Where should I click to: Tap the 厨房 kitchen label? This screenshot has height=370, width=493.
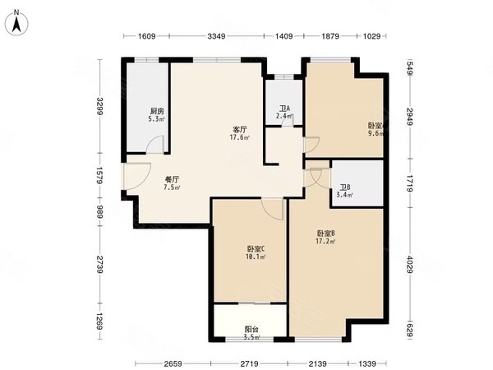[x=155, y=111]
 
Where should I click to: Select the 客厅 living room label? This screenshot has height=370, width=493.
[x=240, y=129]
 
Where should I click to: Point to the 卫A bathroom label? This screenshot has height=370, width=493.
[x=283, y=109]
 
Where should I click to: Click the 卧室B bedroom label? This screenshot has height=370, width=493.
[x=327, y=233]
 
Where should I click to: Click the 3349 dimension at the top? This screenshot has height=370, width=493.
[x=216, y=36]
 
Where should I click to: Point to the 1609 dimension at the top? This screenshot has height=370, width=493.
[x=146, y=36]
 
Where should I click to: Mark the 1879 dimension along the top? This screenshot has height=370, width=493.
[x=329, y=36]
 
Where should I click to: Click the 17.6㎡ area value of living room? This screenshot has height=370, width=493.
[x=240, y=137]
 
